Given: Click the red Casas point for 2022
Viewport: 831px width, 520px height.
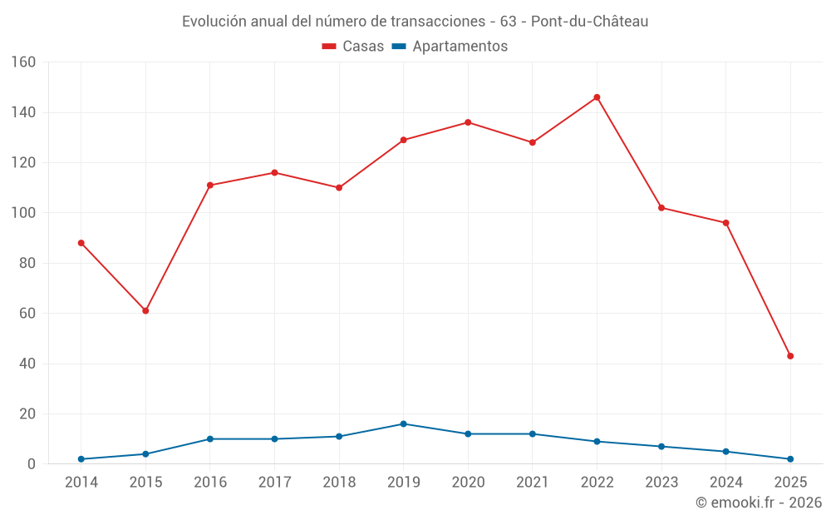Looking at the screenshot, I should [x=597, y=97].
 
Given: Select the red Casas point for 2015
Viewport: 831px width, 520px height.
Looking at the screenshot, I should [x=145, y=311].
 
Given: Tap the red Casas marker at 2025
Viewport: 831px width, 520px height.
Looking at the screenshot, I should [x=790, y=356].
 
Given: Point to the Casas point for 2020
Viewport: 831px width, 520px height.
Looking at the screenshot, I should [x=468, y=122].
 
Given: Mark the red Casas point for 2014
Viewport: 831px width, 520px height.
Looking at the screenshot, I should [x=81, y=243].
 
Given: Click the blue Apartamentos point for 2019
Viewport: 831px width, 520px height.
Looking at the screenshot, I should [x=403, y=423].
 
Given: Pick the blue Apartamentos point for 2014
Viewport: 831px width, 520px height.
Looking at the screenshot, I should [x=81, y=459].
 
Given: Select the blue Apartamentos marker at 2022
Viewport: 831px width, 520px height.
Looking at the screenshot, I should [x=597, y=442].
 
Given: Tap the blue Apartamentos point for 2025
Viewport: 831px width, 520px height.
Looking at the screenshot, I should [x=790, y=459].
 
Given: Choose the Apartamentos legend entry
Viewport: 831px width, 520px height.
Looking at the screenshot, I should [x=449, y=47].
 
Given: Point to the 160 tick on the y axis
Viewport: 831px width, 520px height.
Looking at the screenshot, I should [x=23, y=62].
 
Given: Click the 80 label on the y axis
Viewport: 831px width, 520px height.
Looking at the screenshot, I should [x=27, y=263].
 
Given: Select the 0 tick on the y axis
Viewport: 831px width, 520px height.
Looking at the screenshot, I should [x=32, y=464].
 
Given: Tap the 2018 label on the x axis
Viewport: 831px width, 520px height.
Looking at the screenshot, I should [x=339, y=483].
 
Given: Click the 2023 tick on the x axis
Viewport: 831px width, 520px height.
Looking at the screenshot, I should [x=661, y=483].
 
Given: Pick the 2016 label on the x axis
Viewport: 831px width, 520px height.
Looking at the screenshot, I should [x=210, y=483].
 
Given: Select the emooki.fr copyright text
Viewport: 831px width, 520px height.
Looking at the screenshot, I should [x=759, y=503].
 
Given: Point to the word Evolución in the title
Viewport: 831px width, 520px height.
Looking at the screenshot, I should [x=214, y=22].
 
